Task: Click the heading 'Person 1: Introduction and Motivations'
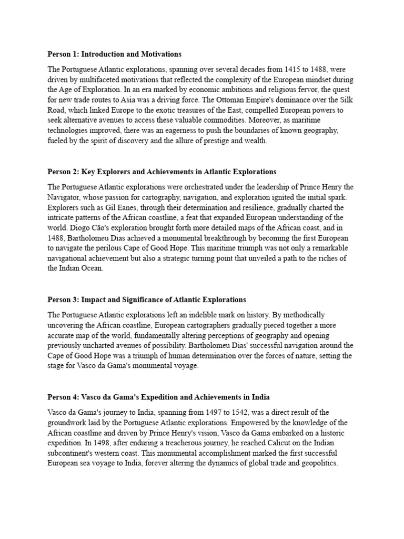(x=114, y=54)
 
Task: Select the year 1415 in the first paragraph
(x=294, y=69)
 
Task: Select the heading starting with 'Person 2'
(x=161, y=172)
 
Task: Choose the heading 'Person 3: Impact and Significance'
(x=147, y=300)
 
